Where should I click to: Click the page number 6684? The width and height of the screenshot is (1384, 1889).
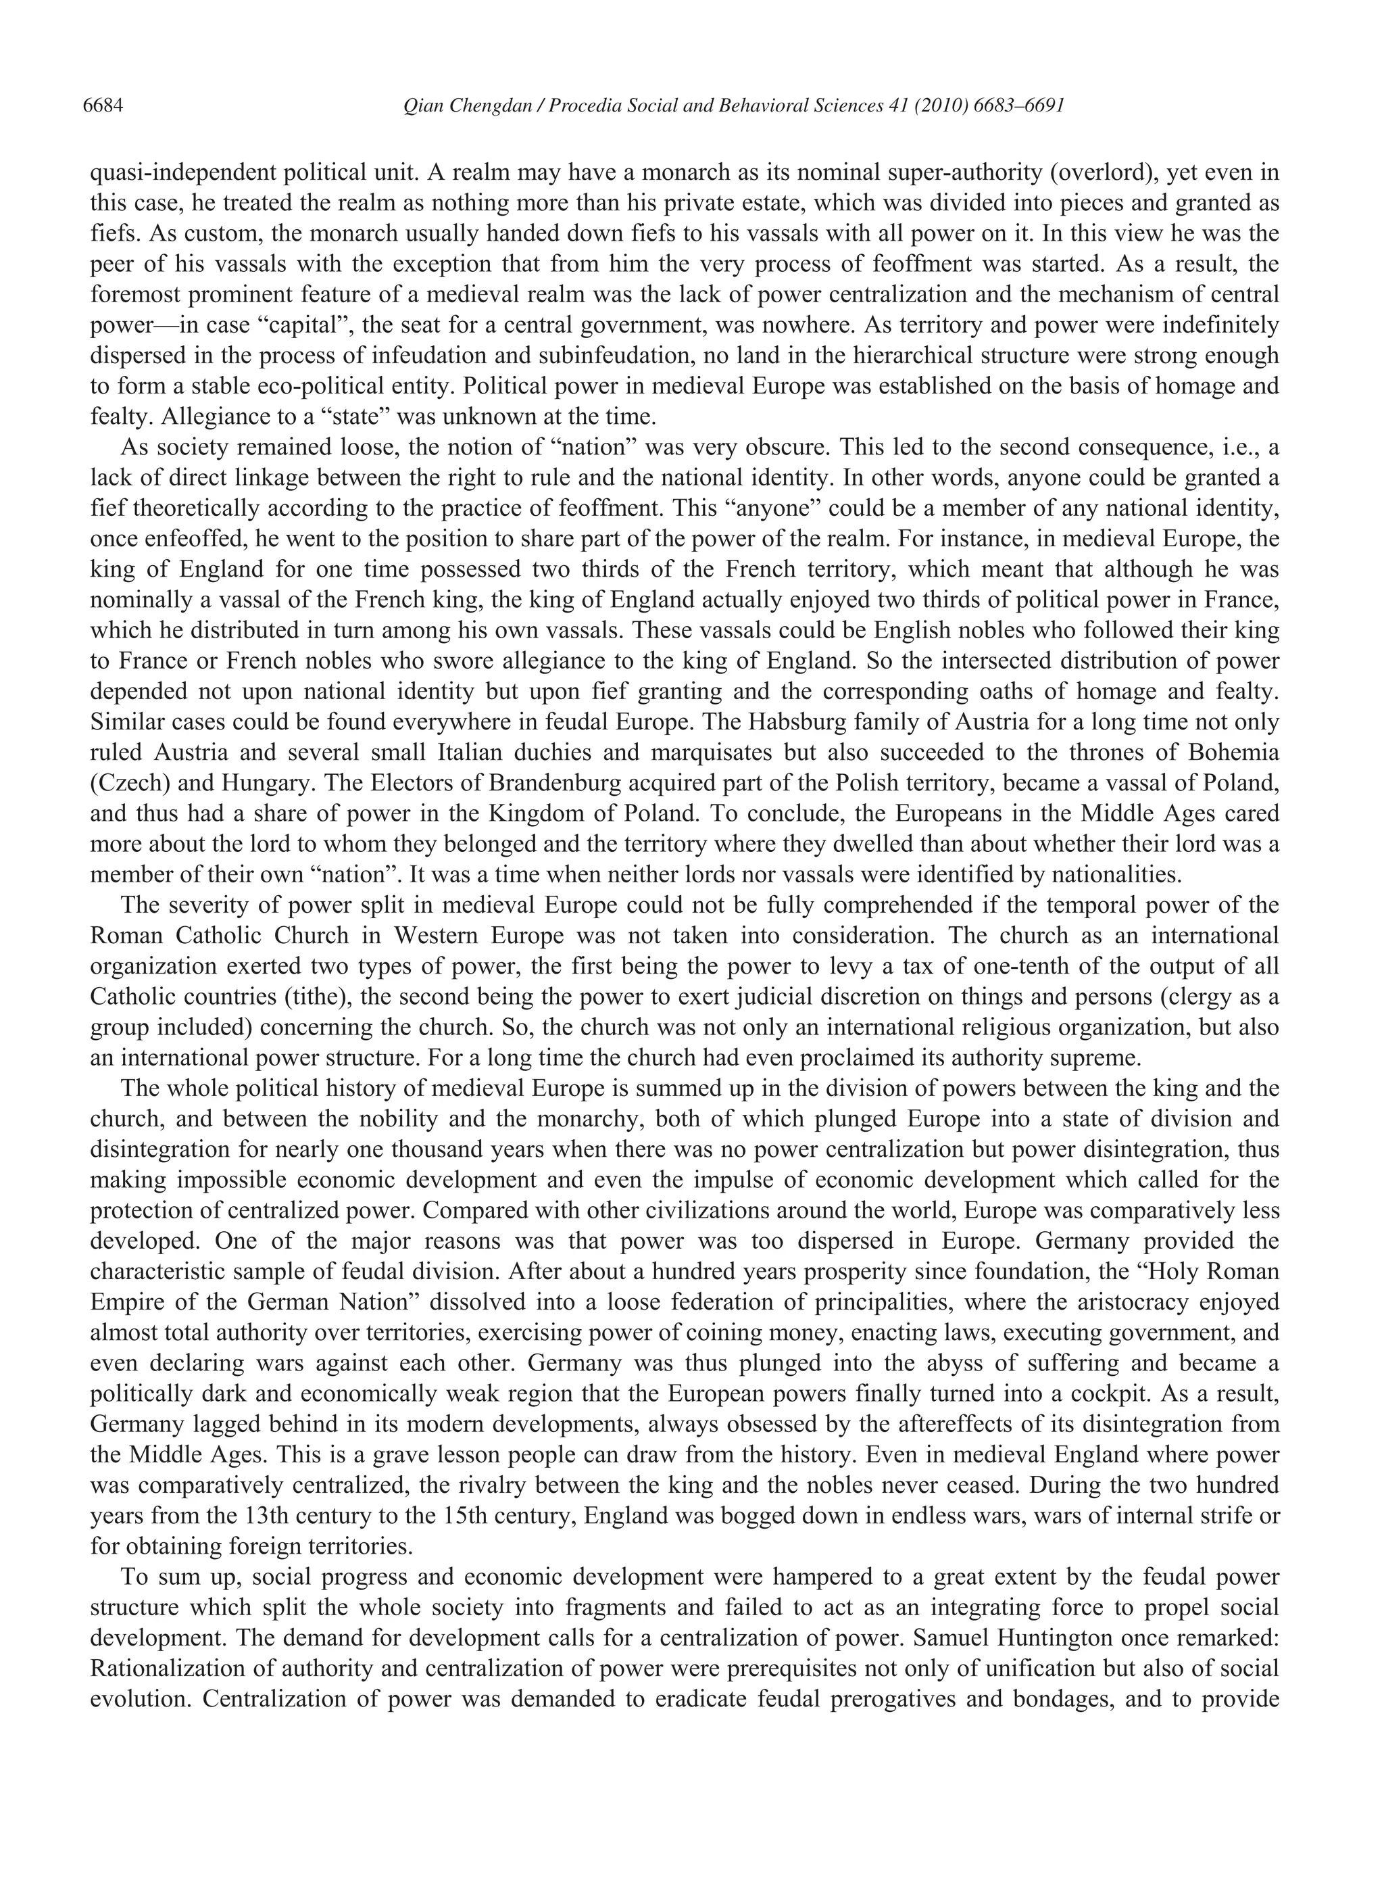[104, 106]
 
